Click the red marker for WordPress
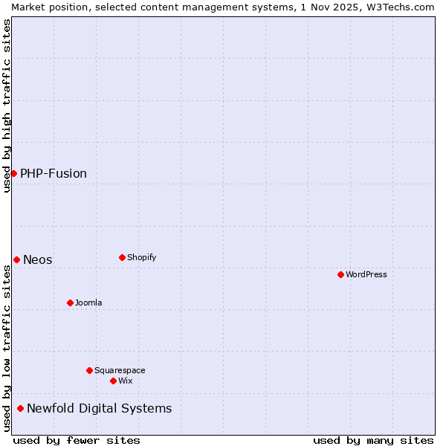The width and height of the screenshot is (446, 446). [340, 274]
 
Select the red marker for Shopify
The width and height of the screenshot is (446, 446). [122, 257]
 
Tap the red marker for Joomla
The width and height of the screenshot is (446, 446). [70, 303]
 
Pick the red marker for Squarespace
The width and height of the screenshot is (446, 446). [89, 370]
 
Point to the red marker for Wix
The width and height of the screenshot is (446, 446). [113, 381]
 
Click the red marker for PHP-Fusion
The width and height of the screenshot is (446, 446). [13, 173]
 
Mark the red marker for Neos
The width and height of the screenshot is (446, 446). [16, 259]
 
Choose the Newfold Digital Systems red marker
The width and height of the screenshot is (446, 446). [20, 408]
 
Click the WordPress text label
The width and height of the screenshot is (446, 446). [366, 274]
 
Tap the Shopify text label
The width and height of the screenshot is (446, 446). [142, 257]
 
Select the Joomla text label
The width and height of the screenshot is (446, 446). [88, 303]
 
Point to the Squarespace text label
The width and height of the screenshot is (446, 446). [120, 370]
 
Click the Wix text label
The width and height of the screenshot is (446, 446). [126, 381]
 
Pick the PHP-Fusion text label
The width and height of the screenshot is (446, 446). [54, 173]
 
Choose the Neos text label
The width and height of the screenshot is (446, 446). [38, 259]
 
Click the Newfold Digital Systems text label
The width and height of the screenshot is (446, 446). [99, 408]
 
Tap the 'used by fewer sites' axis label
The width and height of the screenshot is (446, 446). [77, 440]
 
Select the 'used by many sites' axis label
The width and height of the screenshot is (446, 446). [373, 440]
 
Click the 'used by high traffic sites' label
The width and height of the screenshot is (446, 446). [7, 106]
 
